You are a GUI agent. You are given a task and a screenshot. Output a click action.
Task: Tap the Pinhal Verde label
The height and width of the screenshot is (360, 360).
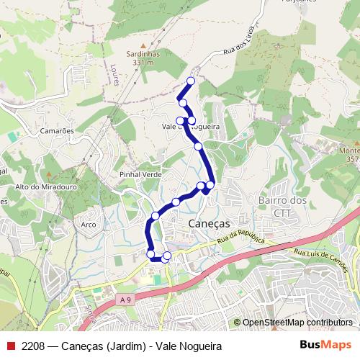(140, 175)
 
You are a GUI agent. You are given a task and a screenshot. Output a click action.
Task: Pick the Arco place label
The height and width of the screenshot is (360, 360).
(89, 225)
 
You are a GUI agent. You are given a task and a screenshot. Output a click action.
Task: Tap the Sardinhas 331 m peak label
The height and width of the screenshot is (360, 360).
(143, 58)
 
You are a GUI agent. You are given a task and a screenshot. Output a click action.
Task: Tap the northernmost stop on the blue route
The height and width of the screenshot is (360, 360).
(191, 81)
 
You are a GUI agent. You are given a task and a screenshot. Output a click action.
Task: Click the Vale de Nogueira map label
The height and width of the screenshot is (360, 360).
(191, 127)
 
